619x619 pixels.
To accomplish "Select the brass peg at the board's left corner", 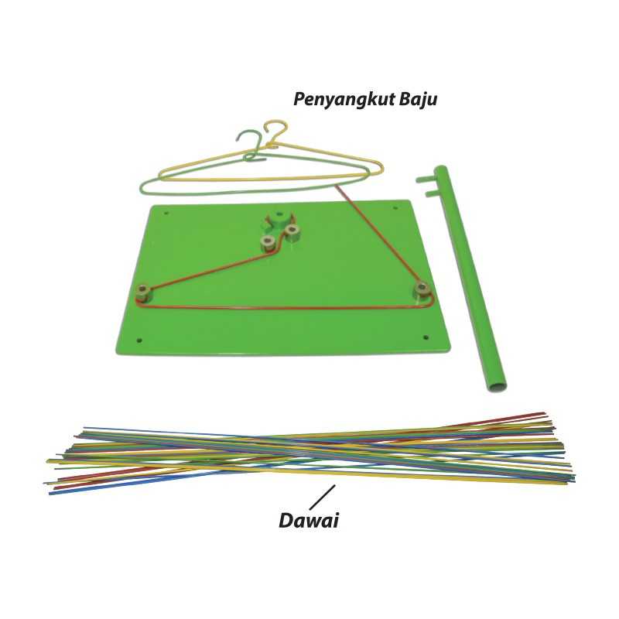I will click(143, 292).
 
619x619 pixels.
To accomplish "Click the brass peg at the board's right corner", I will click(422, 289).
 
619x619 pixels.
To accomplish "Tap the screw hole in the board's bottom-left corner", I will click(139, 339).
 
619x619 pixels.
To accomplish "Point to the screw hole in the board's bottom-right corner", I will click(425, 337).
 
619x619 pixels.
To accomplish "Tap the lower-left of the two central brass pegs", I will click(268, 243).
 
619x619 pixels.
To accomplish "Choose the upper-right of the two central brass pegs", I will click(292, 230).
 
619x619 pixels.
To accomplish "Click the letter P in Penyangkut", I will click(299, 100).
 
